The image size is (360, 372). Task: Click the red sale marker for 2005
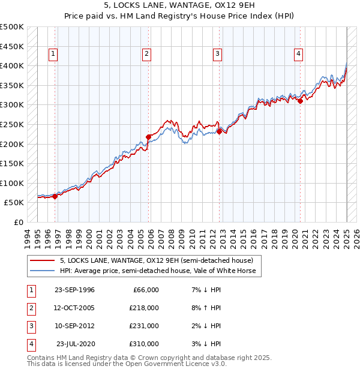148,137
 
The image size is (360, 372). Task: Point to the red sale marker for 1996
55,196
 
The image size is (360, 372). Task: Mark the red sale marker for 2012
219,132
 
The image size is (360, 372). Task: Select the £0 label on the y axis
19,222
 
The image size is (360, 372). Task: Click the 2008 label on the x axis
171,237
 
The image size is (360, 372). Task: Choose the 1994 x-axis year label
28,237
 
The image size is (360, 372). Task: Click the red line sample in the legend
42,260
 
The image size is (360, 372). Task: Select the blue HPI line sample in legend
42,271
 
